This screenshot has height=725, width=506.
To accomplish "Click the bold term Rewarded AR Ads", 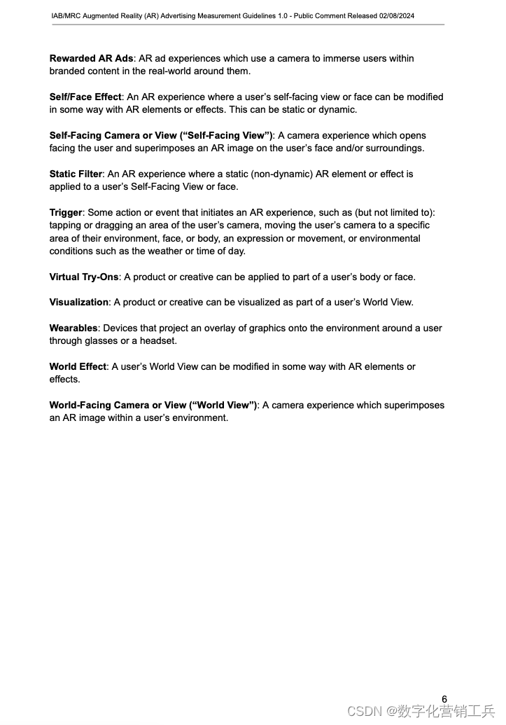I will pyautogui.click(x=91, y=59).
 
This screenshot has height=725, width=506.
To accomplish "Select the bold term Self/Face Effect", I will pyautogui.click(x=85, y=97).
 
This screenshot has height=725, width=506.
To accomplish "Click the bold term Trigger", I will pyautogui.click(x=66, y=212).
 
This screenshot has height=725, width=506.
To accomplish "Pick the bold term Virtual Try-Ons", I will pyautogui.click(x=84, y=277).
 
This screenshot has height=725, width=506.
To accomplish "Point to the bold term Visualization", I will pyautogui.click(x=79, y=303).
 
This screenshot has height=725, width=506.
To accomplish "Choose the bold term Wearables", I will pyautogui.click(x=73, y=329).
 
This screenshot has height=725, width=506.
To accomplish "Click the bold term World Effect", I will pyautogui.click(x=78, y=367).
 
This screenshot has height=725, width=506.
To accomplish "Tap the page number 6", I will pyautogui.click(x=444, y=698).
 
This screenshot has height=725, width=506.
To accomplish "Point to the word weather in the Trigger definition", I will pyautogui.click(x=183, y=251).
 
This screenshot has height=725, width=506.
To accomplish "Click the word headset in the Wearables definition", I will pyautogui.click(x=159, y=341).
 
